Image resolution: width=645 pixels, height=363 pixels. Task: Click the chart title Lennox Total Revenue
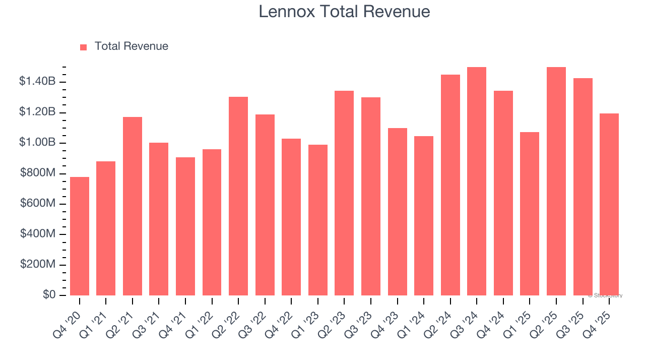(344, 12)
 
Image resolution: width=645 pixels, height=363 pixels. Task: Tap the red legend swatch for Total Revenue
(84, 47)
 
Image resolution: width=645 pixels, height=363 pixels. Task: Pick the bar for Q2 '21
(133, 206)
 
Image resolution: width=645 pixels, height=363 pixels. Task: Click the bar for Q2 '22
(238, 196)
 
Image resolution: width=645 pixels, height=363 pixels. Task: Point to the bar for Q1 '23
(318, 220)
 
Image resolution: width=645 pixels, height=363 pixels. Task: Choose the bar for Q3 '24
(477, 181)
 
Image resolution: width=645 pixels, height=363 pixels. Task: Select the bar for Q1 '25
(530, 214)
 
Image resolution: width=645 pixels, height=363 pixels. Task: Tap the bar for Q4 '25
(609, 204)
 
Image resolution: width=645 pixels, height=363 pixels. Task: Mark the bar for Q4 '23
(398, 212)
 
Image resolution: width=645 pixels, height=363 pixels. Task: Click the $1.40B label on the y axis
(37, 82)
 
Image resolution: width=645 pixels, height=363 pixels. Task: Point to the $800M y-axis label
(38, 173)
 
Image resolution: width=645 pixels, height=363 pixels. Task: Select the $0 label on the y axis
(48, 295)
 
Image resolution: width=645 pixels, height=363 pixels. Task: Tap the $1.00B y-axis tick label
(37, 143)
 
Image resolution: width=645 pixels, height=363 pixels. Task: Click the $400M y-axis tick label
(38, 234)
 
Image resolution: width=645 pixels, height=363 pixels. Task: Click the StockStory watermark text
(605, 296)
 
